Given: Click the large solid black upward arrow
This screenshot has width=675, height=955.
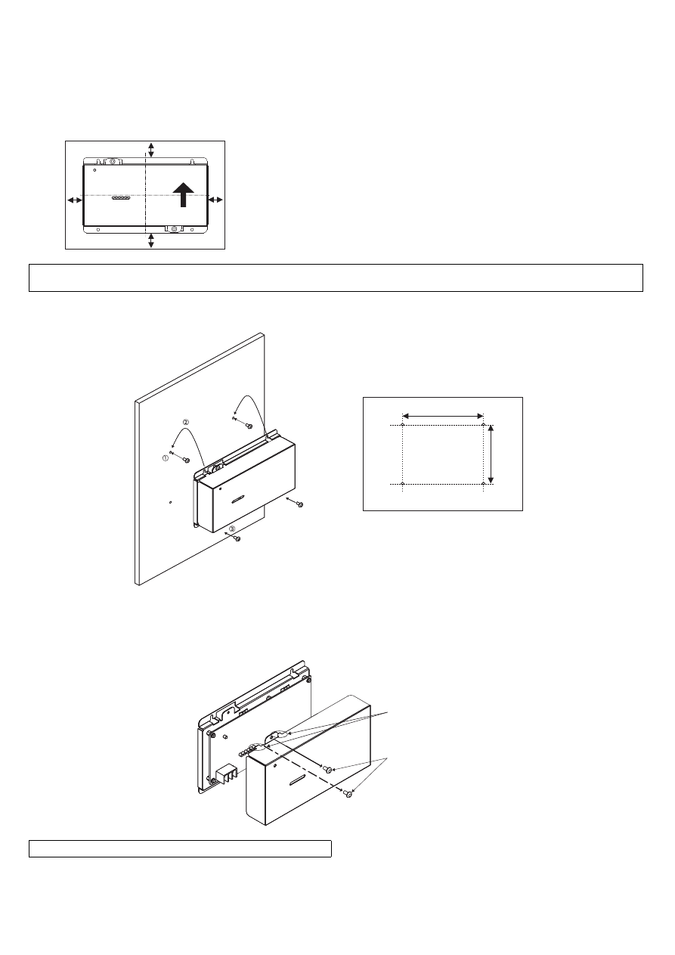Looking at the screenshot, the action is [x=184, y=194].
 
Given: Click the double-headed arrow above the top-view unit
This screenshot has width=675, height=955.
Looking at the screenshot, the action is [x=151, y=150].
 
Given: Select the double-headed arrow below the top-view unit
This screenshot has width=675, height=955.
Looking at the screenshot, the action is [x=151, y=241].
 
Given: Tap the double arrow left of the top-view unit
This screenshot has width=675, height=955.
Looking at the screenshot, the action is [x=75, y=200].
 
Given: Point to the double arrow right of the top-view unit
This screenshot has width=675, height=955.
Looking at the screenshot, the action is [x=215, y=200].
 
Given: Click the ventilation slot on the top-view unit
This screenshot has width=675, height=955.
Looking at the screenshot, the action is [x=121, y=198].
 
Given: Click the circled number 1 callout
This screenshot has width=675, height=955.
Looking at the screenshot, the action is [x=166, y=458].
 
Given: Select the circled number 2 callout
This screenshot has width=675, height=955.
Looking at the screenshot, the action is [x=186, y=422].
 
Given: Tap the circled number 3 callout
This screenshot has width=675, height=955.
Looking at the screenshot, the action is [x=232, y=529].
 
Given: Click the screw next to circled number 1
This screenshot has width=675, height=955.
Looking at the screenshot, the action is [x=186, y=460].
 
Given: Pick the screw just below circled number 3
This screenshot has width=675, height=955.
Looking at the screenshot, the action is [x=238, y=539].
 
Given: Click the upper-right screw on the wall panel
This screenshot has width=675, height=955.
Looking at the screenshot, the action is [x=249, y=426].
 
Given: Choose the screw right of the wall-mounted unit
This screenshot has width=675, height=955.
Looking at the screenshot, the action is [x=300, y=505].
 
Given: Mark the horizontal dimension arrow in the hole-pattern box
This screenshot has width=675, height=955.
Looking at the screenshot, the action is [x=443, y=416].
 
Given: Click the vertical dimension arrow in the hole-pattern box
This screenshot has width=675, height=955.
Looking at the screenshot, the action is [x=491, y=454].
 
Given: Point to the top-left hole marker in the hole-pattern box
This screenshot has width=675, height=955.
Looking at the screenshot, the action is [x=403, y=425].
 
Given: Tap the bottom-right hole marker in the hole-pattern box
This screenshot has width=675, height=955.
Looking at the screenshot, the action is [x=483, y=483].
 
